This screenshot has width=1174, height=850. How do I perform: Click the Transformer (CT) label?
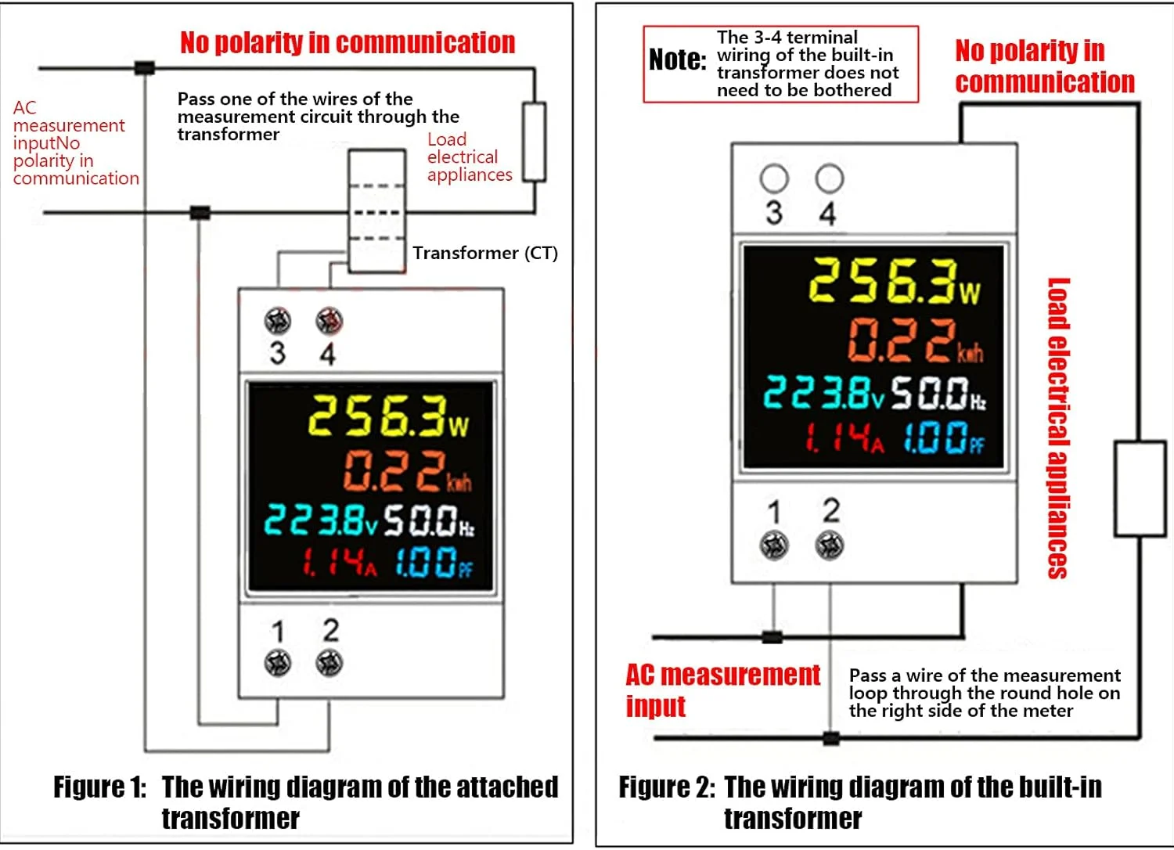(x=484, y=253)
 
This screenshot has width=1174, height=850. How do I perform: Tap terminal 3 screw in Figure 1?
(x=277, y=321)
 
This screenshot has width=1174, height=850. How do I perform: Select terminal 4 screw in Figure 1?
(x=330, y=321)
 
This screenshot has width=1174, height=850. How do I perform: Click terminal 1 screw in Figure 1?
(x=277, y=663)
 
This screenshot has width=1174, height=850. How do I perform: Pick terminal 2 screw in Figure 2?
(x=830, y=545)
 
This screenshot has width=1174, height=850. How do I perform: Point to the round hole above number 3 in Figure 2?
(x=774, y=178)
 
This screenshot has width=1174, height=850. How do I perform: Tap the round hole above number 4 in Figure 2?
(x=830, y=178)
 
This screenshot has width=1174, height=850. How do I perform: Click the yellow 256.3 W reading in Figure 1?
(x=388, y=416)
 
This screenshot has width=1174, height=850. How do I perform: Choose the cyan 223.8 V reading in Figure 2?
(x=823, y=392)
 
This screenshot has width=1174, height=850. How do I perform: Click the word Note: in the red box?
(x=677, y=59)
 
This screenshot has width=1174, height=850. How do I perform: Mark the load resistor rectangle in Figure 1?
(x=534, y=142)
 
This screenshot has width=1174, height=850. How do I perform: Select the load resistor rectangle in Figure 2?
(x=1140, y=489)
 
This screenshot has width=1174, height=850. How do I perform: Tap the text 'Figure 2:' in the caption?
(x=667, y=787)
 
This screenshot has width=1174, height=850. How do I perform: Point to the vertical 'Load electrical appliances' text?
(x=1058, y=428)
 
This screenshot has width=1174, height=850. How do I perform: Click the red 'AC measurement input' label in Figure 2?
(x=722, y=690)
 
